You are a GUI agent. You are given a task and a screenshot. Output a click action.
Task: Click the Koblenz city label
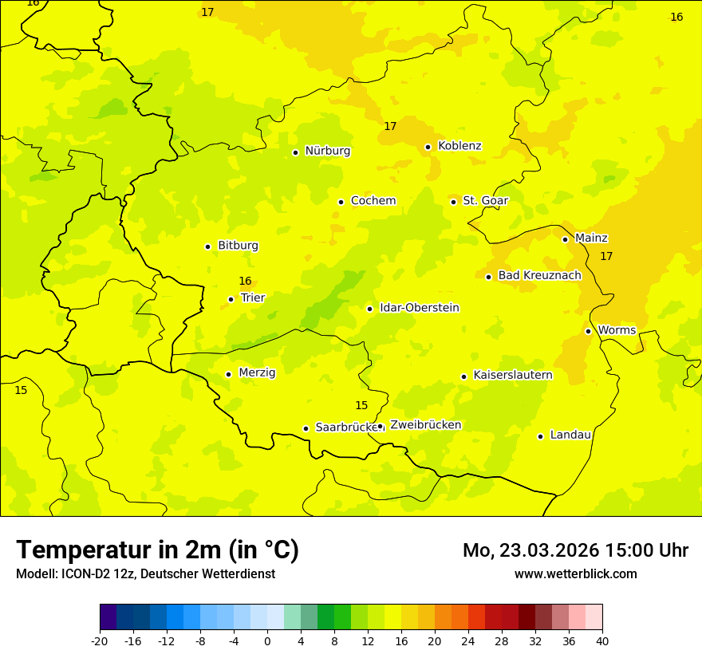(459, 146)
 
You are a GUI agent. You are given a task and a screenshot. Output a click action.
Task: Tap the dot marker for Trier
(231, 299)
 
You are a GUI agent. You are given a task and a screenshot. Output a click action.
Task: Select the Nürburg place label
(327, 151)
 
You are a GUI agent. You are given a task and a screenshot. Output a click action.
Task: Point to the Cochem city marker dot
(341, 202)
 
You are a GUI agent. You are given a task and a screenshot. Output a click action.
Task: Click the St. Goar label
(485, 201)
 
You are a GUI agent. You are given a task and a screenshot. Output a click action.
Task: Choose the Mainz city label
(591, 238)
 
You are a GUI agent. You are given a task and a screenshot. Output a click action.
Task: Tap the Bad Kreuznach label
(539, 275)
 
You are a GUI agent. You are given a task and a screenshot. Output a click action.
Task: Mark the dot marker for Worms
(588, 331)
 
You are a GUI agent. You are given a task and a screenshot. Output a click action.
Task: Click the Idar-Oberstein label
(419, 308)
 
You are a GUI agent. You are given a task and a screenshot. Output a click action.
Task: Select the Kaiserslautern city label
(513, 375)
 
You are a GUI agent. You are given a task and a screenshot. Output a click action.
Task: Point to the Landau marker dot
(540, 436)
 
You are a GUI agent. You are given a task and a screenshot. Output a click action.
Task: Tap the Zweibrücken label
(425, 425)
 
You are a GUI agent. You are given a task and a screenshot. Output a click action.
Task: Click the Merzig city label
(257, 372)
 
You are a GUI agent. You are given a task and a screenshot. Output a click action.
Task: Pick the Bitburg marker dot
(207, 246)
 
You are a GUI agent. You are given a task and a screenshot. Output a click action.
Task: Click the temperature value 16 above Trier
(245, 281)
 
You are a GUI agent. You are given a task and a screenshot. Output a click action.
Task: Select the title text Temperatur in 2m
(157, 550)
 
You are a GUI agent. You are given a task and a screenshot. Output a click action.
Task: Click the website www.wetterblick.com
(575, 574)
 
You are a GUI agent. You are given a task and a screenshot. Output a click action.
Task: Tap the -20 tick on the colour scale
(100, 640)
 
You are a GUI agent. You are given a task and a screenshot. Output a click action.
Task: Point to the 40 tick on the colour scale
(602, 640)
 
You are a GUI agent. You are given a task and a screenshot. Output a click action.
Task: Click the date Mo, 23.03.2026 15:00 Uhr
(575, 550)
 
